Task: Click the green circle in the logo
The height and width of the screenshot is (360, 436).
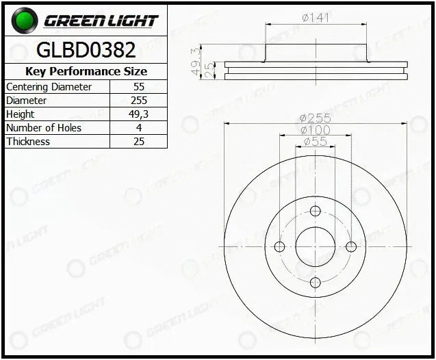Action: (24, 21)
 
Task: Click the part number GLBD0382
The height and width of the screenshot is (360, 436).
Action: (86, 50)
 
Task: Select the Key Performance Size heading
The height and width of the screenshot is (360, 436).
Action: (86, 71)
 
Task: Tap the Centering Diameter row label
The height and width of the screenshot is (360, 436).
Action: (49, 87)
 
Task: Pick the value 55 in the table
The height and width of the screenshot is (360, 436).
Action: (139, 87)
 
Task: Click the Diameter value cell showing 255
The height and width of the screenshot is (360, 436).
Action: (139, 101)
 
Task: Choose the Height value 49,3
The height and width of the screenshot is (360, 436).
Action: (138, 114)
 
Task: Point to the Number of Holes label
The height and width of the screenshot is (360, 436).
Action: (44, 128)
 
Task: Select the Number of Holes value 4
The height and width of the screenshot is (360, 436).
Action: (139, 128)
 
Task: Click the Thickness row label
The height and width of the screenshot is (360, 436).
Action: (28, 142)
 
